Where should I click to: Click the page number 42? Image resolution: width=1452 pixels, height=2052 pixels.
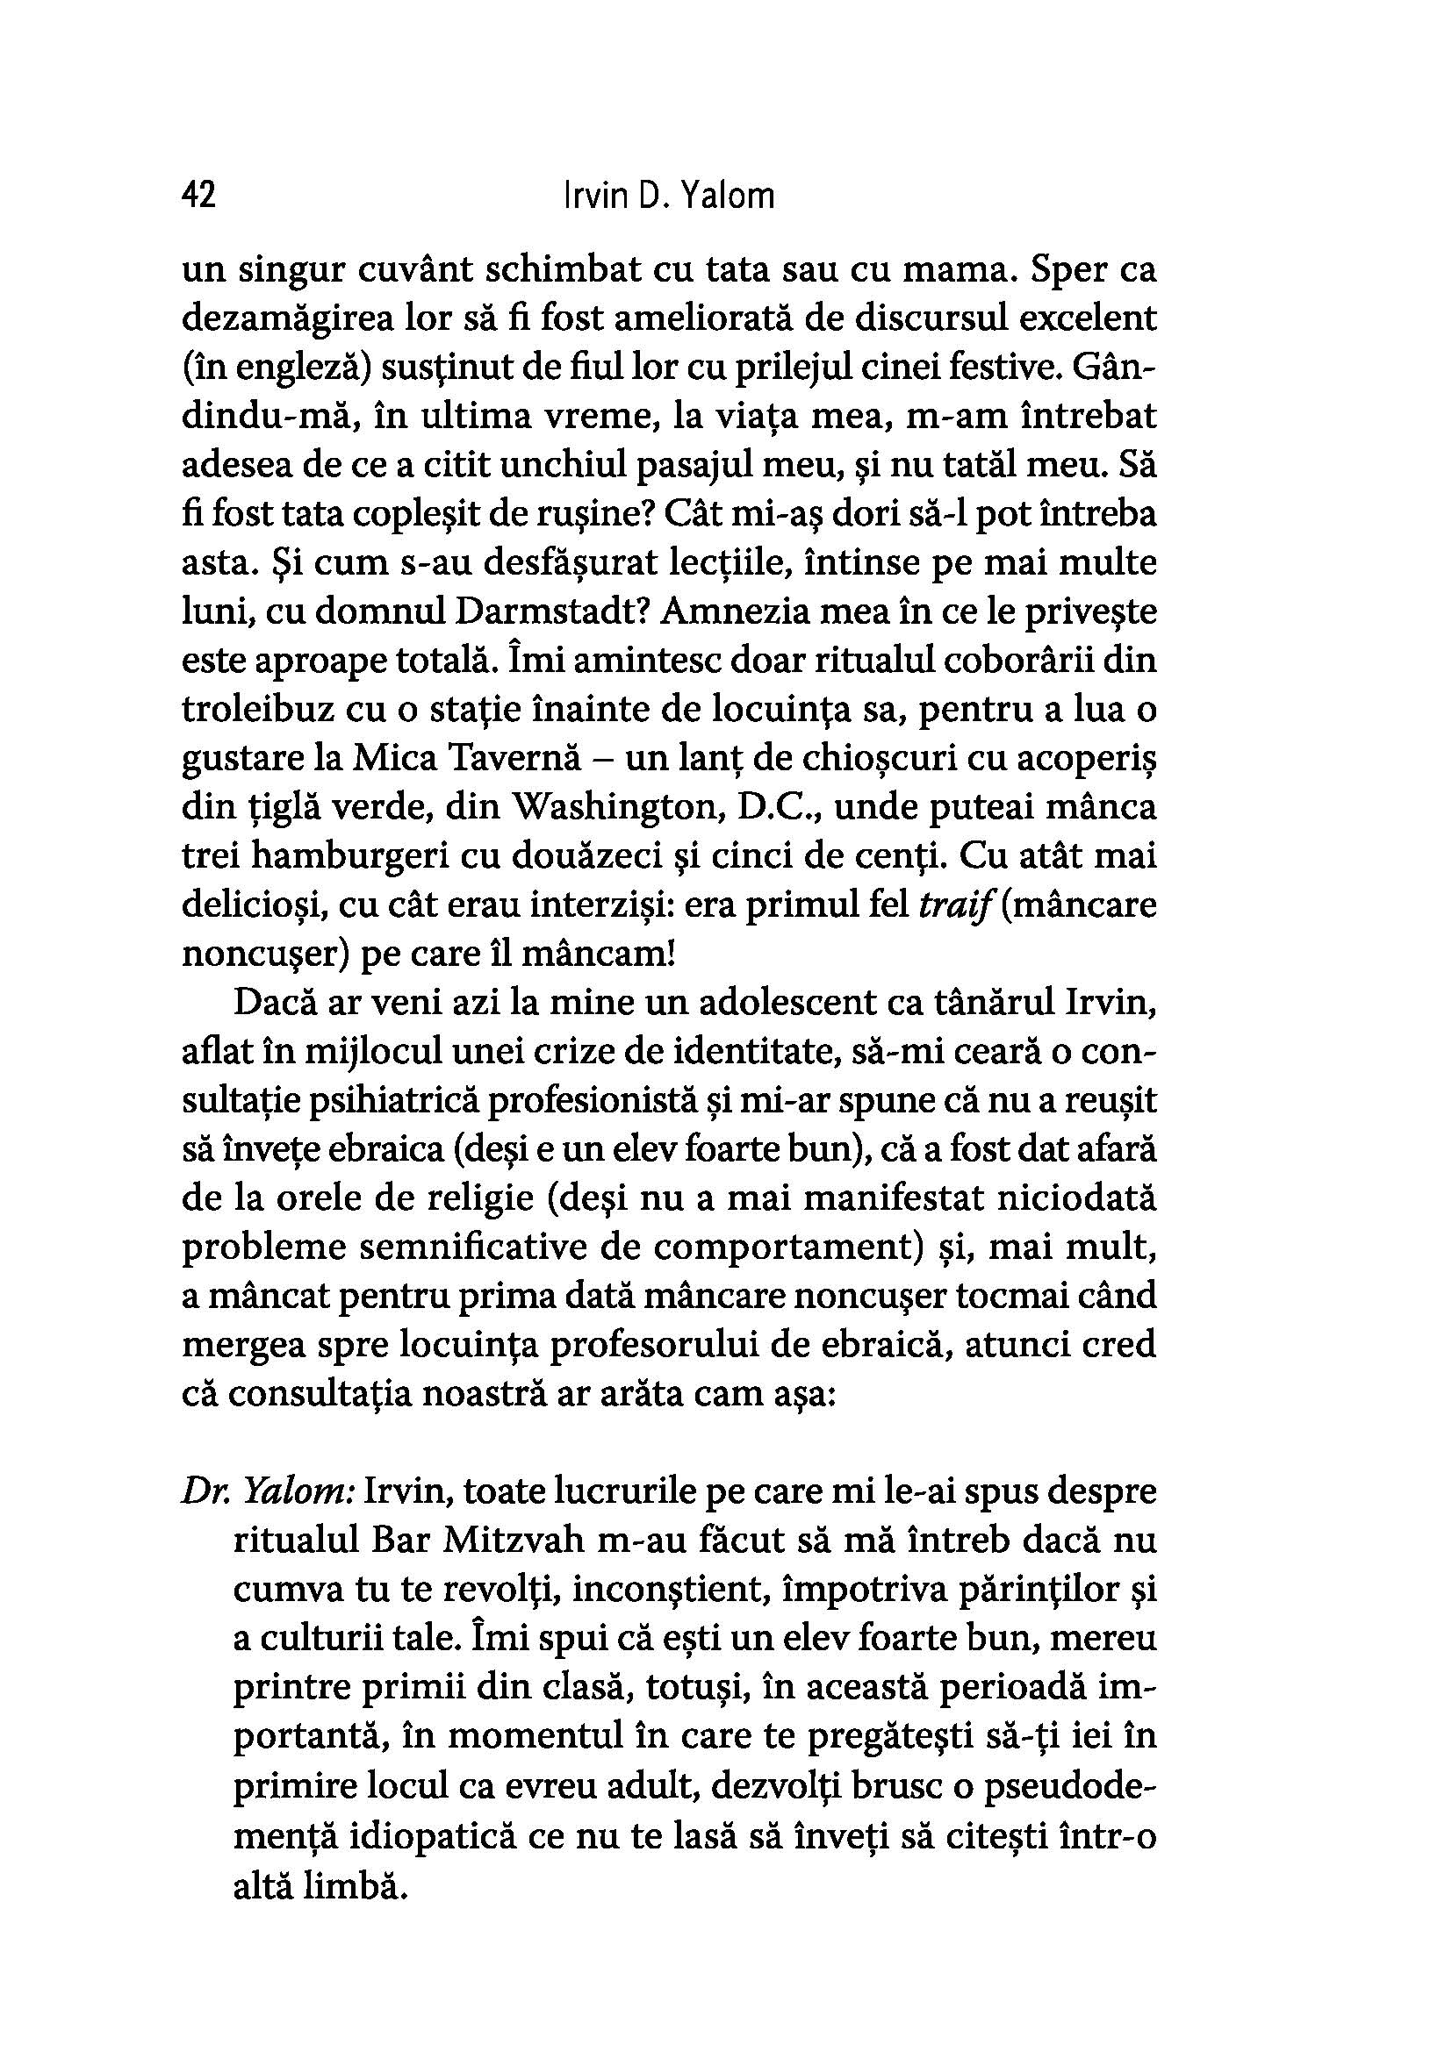(x=198, y=195)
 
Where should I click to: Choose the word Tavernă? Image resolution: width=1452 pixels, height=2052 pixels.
(x=527, y=758)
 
